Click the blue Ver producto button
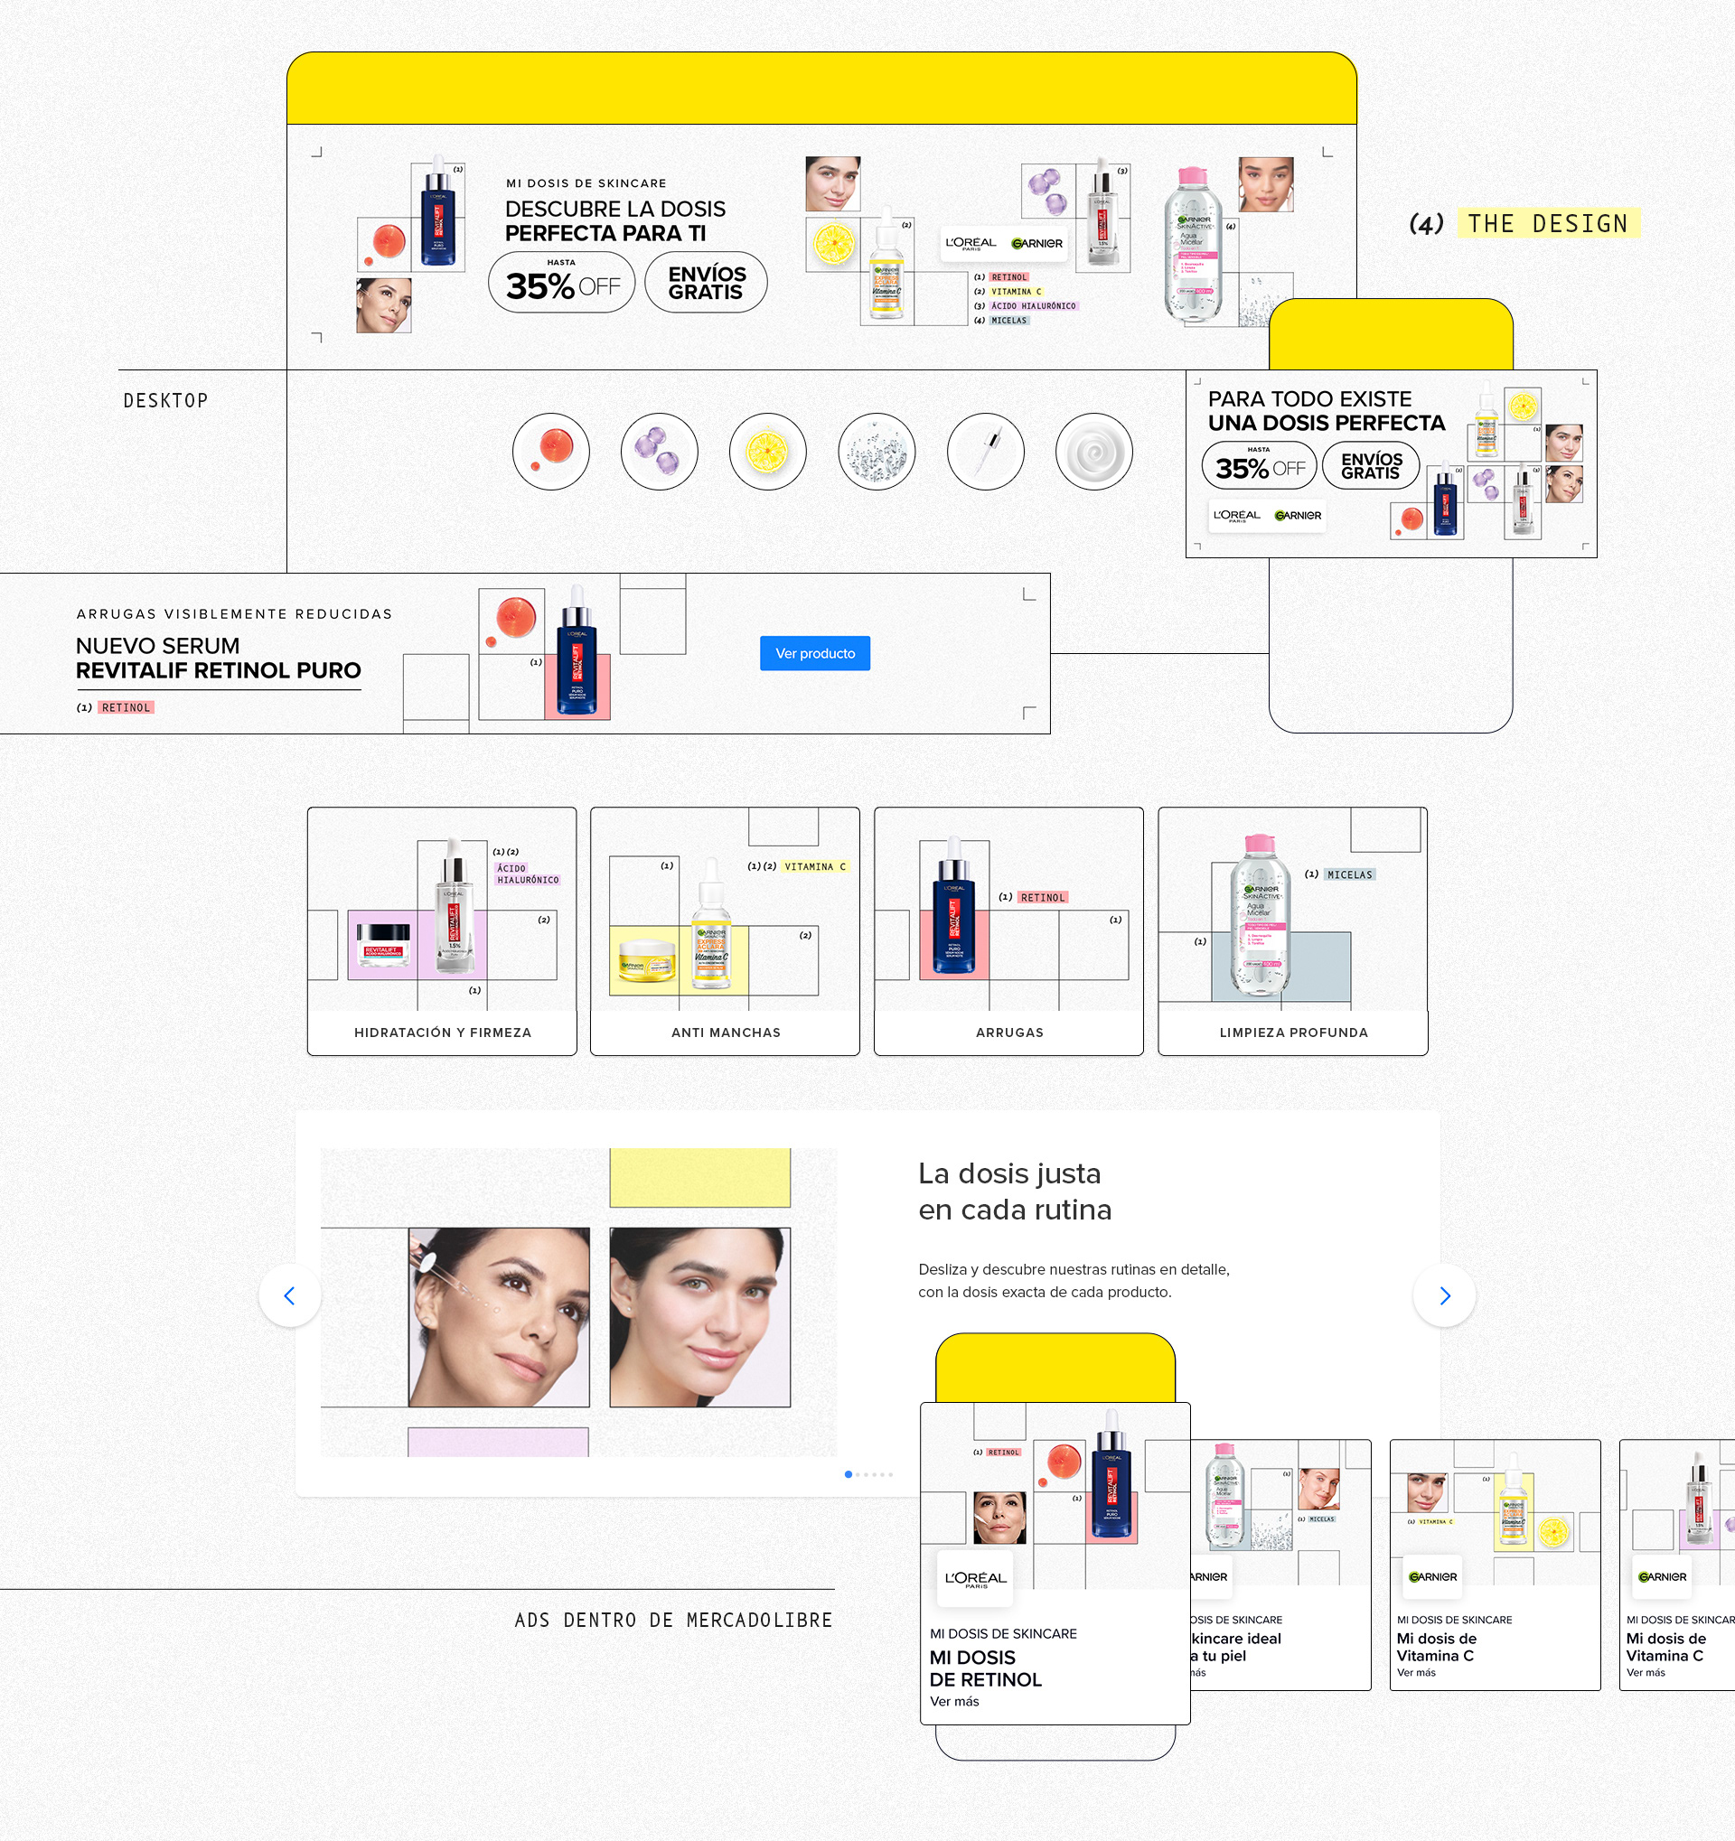pyautogui.click(x=814, y=653)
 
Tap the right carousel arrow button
pyautogui.click(x=1443, y=1295)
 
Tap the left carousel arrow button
pyautogui.click(x=290, y=1295)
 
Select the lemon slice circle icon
pyautogui.click(x=767, y=452)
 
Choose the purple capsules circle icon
pyautogui.click(x=659, y=452)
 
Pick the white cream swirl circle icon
pyautogui.click(x=1093, y=452)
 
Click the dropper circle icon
pyautogui.click(x=985, y=452)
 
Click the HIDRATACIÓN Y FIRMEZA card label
pyautogui.click(x=442, y=1033)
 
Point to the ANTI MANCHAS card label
pyautogui.click(x=726, y=1033)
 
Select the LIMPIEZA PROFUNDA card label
pyautogui.click(x=1293, y=1033)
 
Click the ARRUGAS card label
pyautogui.click(x=1008, y=1033)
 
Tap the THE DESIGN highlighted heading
pyautogui.click(x=1547, y=224)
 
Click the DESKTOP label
pyautogui.click(x=165, y=401)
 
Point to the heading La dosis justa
pyautogui.click(x=1008, y=1173)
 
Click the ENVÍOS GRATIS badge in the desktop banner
pyautogui.click(x=706, y=283)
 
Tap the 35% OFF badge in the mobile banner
pyautogui.click(x=1259, y=466)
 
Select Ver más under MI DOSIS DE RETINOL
pyautogui.click(x=954, y=1701)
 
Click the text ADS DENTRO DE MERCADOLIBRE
pyautogui.click(x=673, y=1621)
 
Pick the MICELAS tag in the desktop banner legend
pyautogui.click(x=1008, y=321)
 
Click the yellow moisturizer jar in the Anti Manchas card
pyautogui.click(x=647, y=960)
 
